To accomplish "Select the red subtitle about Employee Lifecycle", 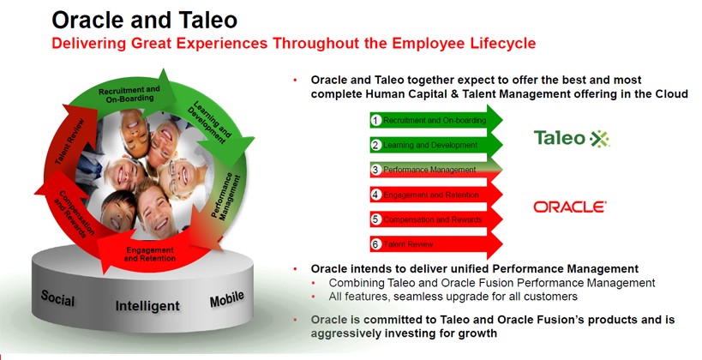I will [295, 43].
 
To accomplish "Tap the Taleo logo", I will [572, 138].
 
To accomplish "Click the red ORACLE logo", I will [570, 207].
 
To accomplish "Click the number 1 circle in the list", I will [375, 121].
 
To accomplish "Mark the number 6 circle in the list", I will [375, 244].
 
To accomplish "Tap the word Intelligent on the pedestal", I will [147, 306].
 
